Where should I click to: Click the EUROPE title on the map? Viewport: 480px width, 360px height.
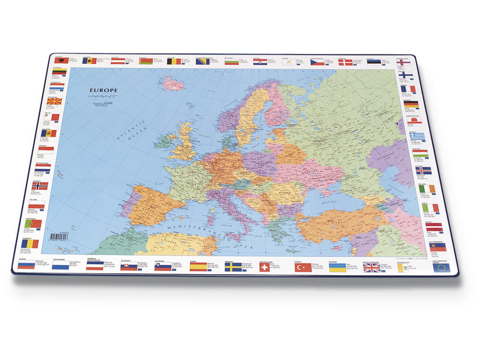[x=104, y=90]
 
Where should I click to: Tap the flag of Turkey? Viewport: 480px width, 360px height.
[x=303, y=268]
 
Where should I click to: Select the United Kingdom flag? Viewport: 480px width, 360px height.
[x=372, y=268]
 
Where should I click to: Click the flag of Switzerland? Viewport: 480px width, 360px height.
[x=266, y=267]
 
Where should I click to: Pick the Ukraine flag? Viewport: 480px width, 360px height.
[x=337, y=268]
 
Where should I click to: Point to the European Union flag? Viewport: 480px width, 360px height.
[x=441, y=268]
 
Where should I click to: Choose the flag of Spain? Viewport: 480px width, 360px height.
[x=198, y=267]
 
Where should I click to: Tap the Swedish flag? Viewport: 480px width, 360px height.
[x=232, y=267]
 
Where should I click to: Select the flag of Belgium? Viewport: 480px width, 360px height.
[x=173, y=61]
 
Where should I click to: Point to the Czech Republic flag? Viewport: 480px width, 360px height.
[x=317, y=62]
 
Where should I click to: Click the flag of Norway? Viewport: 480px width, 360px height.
[x=40, y=186]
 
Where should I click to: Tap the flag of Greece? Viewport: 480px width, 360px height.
[x=417, y=137]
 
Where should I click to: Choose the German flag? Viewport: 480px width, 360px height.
[x=411, y=105]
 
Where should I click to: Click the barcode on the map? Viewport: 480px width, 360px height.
[x=59, y=237]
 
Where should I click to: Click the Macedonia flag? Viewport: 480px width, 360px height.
[x=54, y=101]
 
